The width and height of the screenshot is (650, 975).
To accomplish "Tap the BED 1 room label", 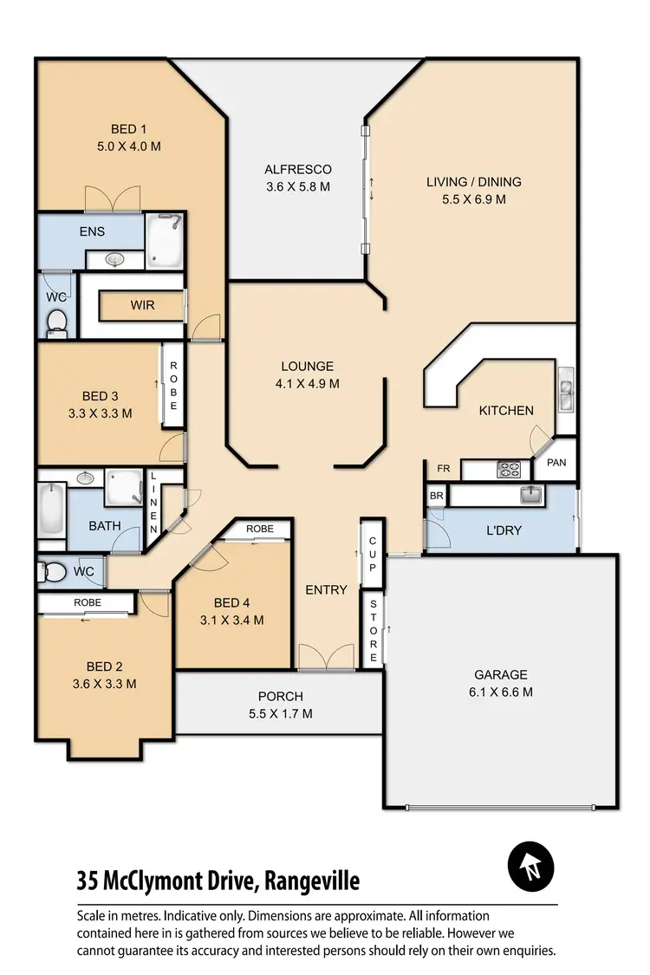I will [128, 130].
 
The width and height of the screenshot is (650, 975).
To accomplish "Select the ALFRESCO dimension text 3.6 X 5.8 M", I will [298, 186].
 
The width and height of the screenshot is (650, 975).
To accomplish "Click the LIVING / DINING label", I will [473, 182].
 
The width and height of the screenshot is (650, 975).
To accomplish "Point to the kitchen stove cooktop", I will [507, 471].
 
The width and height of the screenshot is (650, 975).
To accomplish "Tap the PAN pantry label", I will [556, 463].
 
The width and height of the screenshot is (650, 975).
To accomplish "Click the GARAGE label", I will [500, 674].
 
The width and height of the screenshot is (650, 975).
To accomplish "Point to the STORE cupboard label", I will [373, 633].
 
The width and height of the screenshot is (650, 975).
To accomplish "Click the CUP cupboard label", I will [373, 555].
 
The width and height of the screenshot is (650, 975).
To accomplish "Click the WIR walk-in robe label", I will [142, 306].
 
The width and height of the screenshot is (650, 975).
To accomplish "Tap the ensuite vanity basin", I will [114, 258].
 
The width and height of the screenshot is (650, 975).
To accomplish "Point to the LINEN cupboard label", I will [154, 503].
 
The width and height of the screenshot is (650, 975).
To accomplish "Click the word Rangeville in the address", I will [312, 881].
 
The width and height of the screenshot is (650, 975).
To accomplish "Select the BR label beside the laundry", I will [436, 496].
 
